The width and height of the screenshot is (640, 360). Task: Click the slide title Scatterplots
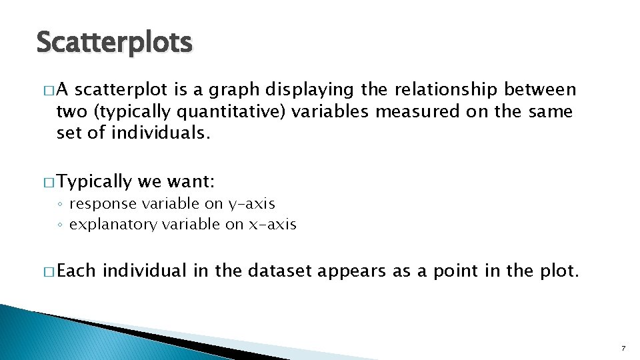click(x=114, y=43)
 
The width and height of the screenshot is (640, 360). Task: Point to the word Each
click(x=77, y=271)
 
